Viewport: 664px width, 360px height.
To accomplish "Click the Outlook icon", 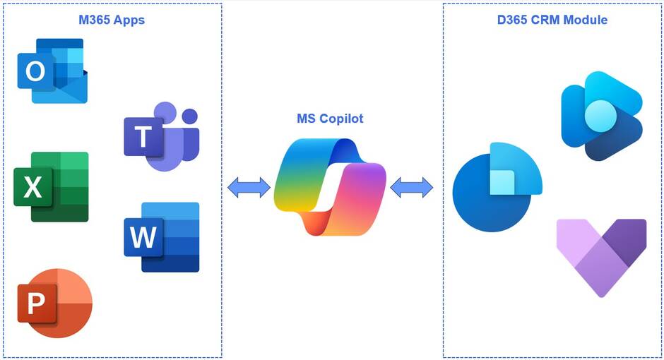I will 52,71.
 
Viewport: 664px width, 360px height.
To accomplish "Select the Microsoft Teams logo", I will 162,136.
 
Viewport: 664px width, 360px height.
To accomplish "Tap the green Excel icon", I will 52,186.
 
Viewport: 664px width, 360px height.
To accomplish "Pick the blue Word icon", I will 162,236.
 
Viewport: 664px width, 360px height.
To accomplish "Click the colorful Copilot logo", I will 330,186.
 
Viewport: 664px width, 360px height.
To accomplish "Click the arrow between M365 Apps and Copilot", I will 249,187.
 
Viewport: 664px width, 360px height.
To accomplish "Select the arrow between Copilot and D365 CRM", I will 411,187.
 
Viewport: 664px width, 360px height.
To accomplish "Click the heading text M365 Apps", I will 112,20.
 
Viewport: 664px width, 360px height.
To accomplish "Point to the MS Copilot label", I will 330,119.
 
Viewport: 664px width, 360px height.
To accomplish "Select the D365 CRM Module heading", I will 552,20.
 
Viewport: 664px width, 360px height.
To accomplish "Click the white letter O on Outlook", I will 35,71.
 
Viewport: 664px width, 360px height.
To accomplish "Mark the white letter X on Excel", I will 32,187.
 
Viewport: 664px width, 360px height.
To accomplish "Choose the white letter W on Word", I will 143,237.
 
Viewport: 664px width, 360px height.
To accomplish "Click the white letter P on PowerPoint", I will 35,304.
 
